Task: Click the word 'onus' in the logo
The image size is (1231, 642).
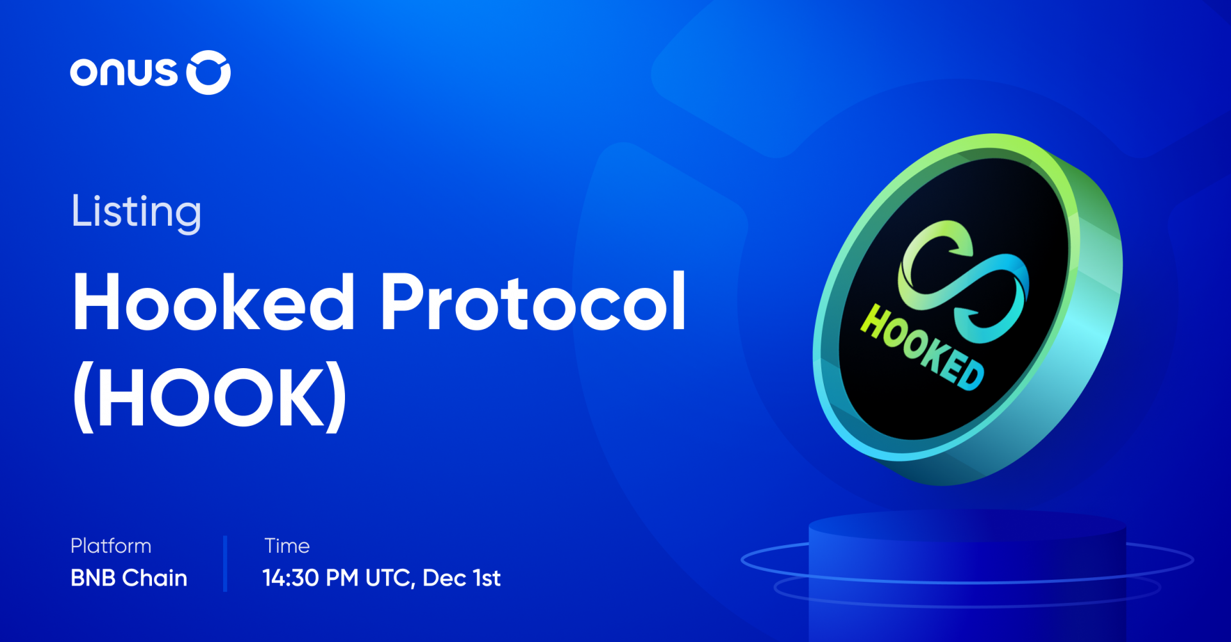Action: pyautogui.click(x=123, y=72)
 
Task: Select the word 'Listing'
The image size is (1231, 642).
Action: pyautogui.click(x=137, y=212)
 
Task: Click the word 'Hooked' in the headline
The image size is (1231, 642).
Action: pyautogui.click(x=214, y=301)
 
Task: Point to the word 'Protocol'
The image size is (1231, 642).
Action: pyautogui.click(x=533, y=301)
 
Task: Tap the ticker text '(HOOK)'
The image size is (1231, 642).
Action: pyautogui.click(x=210, y=398)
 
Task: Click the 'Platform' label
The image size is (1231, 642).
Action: pyautogui.click(x=111, y=546)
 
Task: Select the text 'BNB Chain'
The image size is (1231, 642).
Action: pyautogui.click(x=129, y=578)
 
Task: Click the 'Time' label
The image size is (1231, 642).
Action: pyautogui.click(x=287, y=546)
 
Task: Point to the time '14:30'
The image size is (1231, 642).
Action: pyautogui.click(x=290, y=578)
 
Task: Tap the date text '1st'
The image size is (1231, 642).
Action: pyautogui.click(x=487, y=578)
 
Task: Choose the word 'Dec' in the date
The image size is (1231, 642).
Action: pyautogui.click(x=444, y=578)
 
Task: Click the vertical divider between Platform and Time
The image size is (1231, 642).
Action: pyautogui.click(x=225, y=564)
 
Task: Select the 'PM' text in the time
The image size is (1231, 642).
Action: pyautogui.click(x=342, y=578)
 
